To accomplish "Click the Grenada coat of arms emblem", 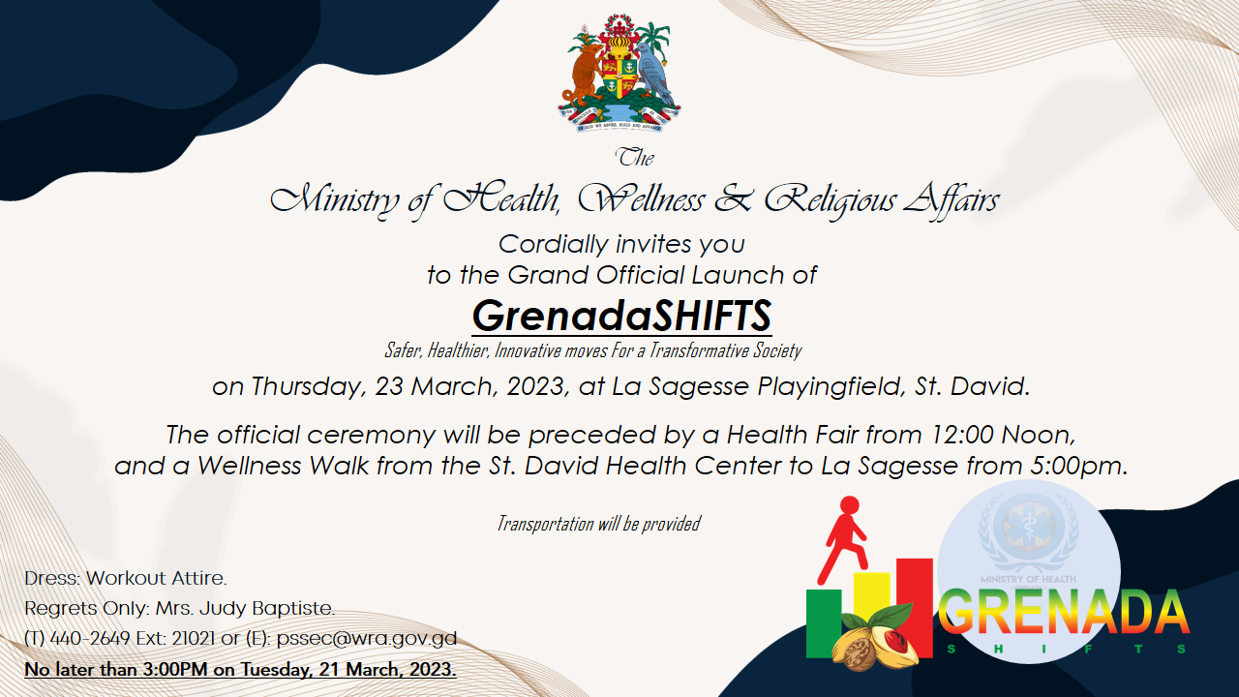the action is (x=619, y=73).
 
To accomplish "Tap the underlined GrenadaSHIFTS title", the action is (x=621, y=317).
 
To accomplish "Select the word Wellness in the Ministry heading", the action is (x=641, y=199).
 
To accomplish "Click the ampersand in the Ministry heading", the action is (x=733, y=199).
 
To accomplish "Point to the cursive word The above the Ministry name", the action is (x=634, y=158).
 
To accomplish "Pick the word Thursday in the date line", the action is (x=309, y=386).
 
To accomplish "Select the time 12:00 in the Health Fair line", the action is (x=962, y=435).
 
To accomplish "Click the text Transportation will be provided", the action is (x=598, y=524).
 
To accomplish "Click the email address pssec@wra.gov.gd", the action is (x=367, y=638).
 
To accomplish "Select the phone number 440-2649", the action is (x=90, y=638).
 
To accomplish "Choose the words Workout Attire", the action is (x=157, y=579).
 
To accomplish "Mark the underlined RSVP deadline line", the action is (x=241, y=669).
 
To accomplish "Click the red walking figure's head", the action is (x=850, y=505).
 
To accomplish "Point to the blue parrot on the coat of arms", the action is (x=654, y=72).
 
